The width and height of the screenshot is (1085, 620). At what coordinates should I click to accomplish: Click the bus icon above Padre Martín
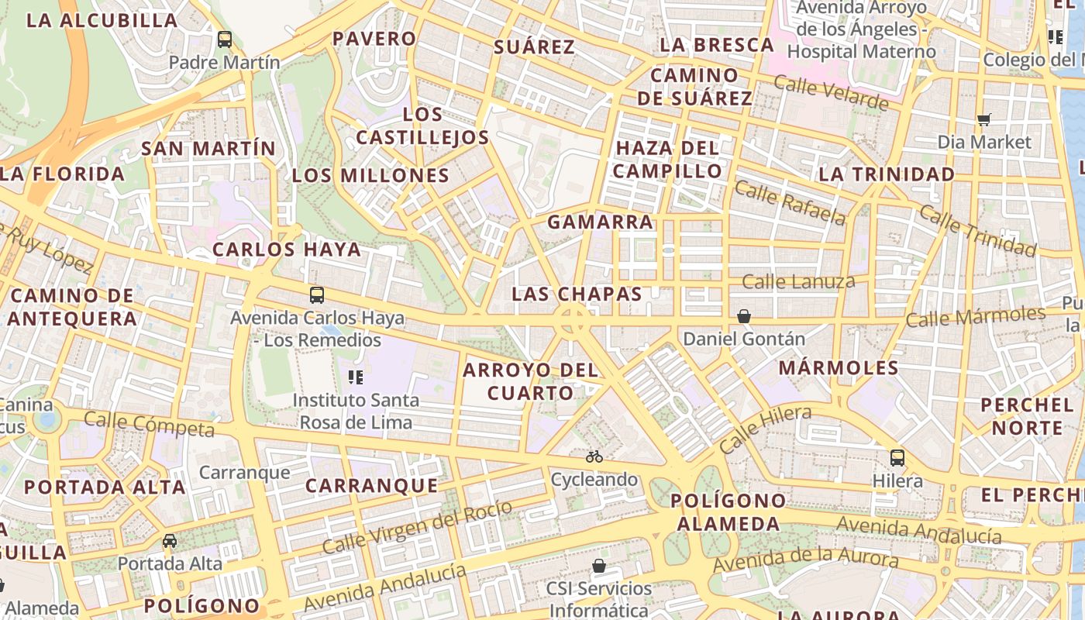(225, 39)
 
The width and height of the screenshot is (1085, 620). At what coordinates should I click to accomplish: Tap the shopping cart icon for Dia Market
(984, 119)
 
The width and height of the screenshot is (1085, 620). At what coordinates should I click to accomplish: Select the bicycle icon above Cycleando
(594, 456)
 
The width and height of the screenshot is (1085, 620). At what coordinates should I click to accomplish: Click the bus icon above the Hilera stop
(897, 457)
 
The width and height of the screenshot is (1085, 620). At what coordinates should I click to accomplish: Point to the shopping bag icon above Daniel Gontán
(744, 316)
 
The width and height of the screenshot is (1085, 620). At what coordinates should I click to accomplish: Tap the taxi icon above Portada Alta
(170, 540)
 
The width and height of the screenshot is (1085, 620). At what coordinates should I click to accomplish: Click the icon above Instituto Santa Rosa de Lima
(356, 377)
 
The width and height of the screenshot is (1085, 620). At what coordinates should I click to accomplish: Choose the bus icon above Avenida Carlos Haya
(317, 294)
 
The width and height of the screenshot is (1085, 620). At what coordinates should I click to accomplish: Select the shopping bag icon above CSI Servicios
(599, 566)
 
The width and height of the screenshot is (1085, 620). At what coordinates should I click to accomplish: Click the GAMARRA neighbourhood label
(600, 222)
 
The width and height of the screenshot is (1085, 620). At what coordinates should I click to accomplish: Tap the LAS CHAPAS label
(577, 294)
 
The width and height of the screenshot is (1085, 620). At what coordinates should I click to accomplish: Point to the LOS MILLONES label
(370, 176)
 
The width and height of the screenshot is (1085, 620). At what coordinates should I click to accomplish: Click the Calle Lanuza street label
(798, 281)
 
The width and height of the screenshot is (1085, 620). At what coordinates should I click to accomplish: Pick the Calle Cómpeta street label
(149, 424)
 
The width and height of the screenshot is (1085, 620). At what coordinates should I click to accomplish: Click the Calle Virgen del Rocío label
(417, 527)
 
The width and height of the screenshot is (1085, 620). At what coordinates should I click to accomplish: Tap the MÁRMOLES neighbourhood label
(839, 367)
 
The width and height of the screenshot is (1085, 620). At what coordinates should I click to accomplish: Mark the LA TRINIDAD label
(887, 174)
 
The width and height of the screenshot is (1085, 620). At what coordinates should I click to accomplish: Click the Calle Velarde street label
(830, 93)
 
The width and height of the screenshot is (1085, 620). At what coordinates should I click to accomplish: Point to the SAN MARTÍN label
(208, 148)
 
